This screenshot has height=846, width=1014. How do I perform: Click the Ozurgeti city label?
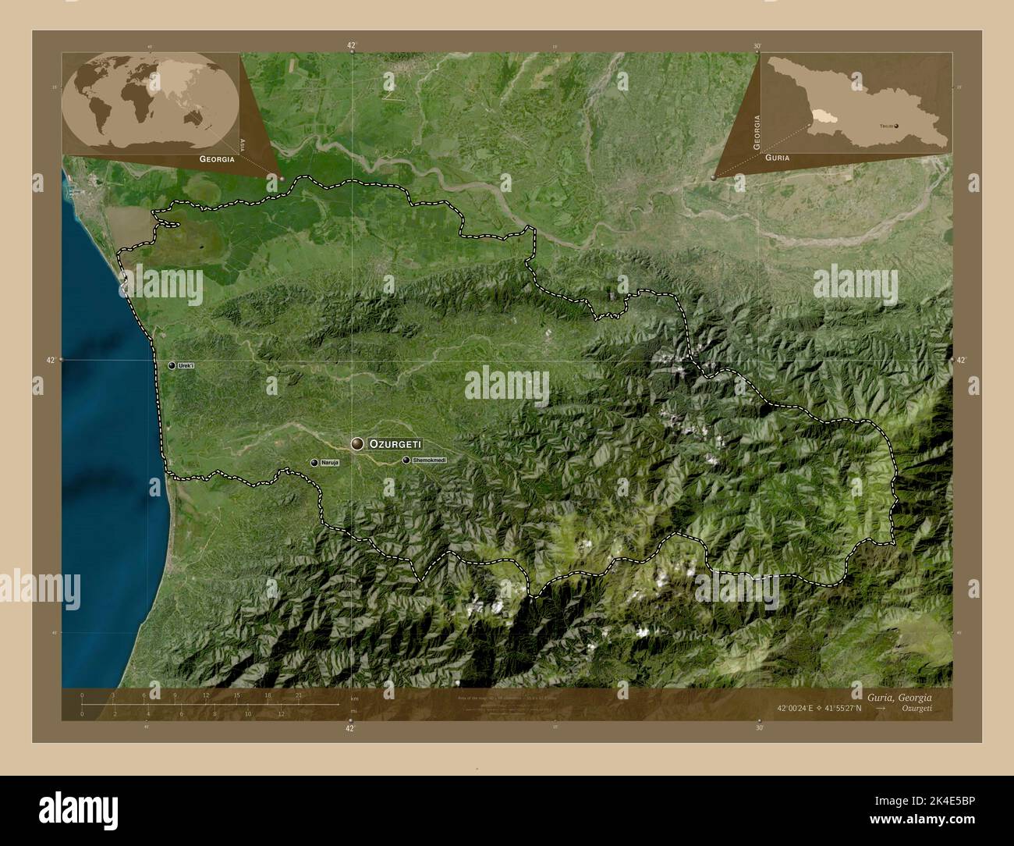tap(395, 443)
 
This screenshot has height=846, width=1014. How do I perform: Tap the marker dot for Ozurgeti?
tap(358, 444)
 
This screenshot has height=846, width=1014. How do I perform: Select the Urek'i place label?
tap(186, 365)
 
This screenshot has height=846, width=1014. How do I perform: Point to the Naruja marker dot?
tap(314, 463)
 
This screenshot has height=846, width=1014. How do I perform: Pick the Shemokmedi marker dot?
tap(406, 460)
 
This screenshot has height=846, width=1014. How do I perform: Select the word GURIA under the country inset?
tap(777, 158)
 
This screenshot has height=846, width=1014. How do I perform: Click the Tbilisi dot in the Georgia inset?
tap(895, 125)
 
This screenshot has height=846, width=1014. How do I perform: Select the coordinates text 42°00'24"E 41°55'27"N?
tap(819, 709)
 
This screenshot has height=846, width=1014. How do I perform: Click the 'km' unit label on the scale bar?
tap(355, 698)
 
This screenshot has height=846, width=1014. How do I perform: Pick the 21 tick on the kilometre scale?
tap(299, 695)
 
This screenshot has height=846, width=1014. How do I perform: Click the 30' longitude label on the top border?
tap(757, 46)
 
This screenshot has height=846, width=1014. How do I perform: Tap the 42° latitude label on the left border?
tap(50, 360)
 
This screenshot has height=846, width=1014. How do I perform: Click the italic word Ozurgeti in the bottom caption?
tap(914, 709)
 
